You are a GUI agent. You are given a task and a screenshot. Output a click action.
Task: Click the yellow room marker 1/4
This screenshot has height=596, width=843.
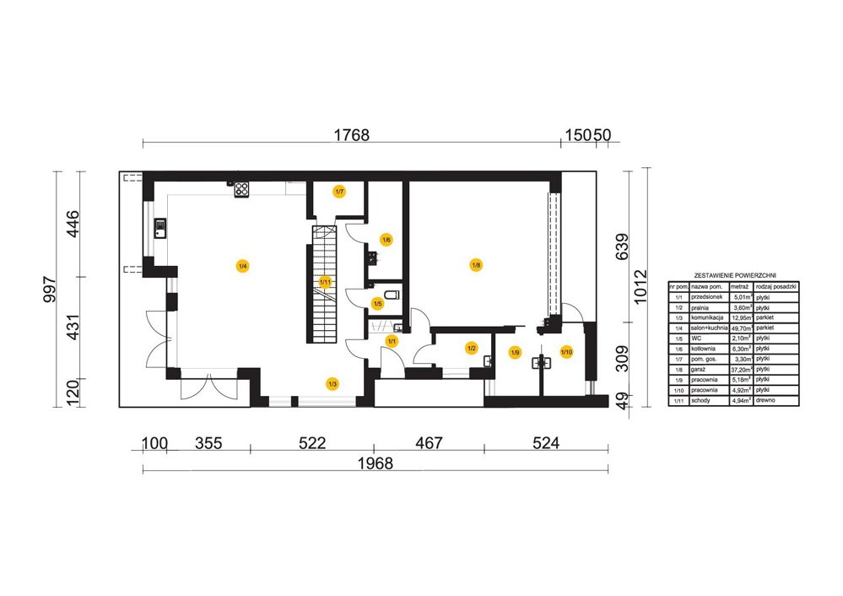(x=242, y=267)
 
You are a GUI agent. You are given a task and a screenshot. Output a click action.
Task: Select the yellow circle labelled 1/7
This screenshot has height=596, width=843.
(x=338, y=192)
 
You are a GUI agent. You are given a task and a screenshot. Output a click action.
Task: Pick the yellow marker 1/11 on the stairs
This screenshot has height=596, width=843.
(x=325, y=281)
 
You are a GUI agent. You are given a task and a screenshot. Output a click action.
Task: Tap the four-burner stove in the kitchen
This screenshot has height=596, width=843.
(x=241, y=189)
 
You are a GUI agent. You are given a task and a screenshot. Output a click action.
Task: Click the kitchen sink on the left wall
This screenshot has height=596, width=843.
(x=160, y=227)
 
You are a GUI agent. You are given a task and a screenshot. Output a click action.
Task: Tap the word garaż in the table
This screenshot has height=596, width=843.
(x=698, y=370)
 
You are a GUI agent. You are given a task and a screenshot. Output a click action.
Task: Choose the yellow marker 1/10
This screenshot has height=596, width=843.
(x=566, y=351)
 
